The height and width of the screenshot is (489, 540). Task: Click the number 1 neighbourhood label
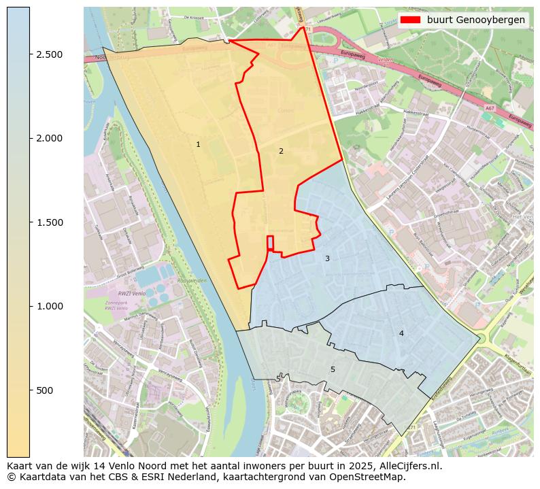(198, 144)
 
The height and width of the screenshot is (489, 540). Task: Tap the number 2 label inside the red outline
(281, 151)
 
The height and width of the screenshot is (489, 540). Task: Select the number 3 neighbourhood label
(327, 258)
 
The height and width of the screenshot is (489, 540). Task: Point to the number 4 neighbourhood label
(401, 333)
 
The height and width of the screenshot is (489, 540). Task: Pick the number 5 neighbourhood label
(333, 369)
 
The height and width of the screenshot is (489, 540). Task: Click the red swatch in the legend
(411, 20)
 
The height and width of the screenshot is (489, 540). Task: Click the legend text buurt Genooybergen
(475, 20)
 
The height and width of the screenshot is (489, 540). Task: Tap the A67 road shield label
(490, 107)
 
